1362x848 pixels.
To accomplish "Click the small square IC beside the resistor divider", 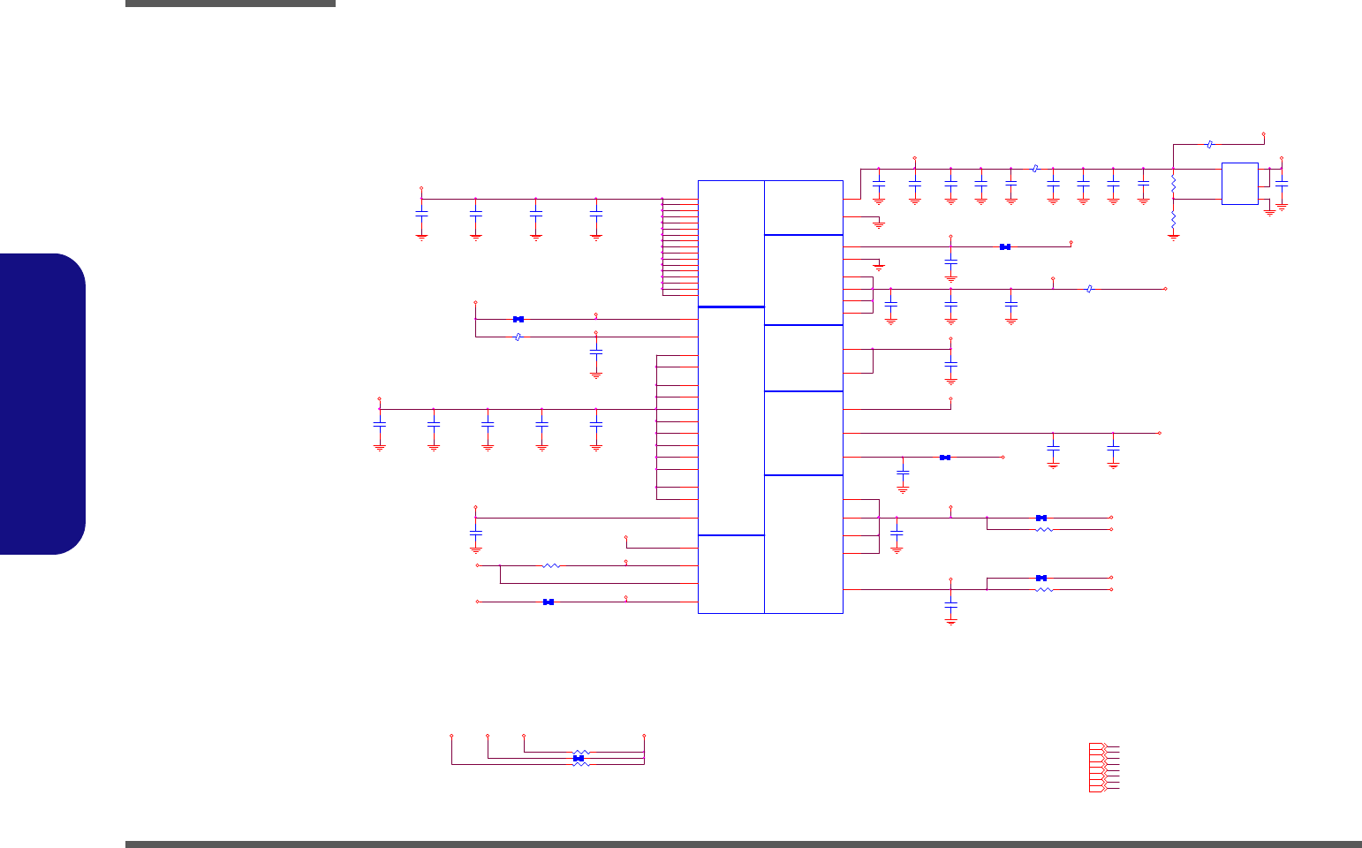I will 1239,184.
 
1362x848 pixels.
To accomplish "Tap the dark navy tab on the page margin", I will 42,404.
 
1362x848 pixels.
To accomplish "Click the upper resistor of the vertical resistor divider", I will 1173,185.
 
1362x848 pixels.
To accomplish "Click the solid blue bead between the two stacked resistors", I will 579,758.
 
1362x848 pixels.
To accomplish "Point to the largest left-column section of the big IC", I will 730,420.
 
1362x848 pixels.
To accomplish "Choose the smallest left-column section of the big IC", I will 730,573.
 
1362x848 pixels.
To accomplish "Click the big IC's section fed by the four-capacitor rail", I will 730,243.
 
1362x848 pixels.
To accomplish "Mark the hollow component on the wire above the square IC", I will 1209,143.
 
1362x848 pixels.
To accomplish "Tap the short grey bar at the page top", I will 231,4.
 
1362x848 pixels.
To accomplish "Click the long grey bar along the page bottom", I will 743,844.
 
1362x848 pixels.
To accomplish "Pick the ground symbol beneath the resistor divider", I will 1173,236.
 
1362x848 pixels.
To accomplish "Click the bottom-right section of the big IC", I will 803,543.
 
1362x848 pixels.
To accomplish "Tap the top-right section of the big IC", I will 803,208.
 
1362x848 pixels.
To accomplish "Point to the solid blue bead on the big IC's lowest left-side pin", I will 549,602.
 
